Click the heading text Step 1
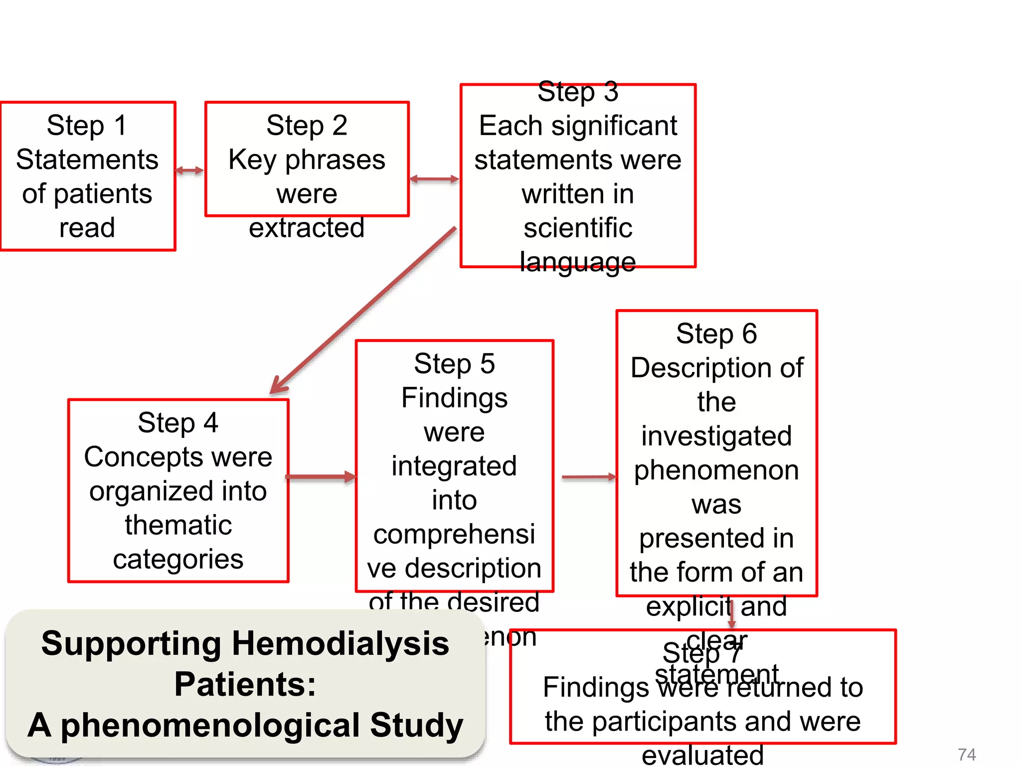tap(87, 125)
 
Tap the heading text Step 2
tap(307, 125)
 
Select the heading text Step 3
tap(578, 92)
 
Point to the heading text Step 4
tap(178, 423)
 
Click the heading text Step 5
tap(454, 364)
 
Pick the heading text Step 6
tap(716, 334)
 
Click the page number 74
tap(966, 754)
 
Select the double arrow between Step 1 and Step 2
tap(189, 171)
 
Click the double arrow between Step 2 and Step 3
tap(434, 179)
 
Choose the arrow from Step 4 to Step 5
tap(321, 477)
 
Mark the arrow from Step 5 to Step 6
tap(588, 477)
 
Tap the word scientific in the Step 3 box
tap(578, 228)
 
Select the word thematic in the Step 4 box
tap(178, 525)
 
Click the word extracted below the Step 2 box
tap(307, 228)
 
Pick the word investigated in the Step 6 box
tap(716, 436)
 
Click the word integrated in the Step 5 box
tap(454, 466)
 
